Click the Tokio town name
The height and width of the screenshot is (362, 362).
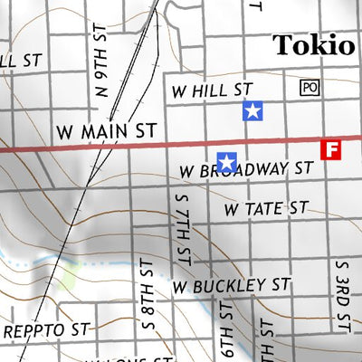(313, 45)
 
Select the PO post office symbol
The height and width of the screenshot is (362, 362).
(310, 88)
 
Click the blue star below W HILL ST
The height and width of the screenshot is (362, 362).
(252, 111)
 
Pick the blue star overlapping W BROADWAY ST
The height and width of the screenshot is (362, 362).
(227, 162)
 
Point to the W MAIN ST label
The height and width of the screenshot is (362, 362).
(106, 132)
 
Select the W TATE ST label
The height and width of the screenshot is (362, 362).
(267, 209)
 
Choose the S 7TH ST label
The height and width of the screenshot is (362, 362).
(182, 229)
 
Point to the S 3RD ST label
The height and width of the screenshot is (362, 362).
(342, 294)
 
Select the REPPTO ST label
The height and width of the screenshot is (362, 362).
(47, 331)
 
